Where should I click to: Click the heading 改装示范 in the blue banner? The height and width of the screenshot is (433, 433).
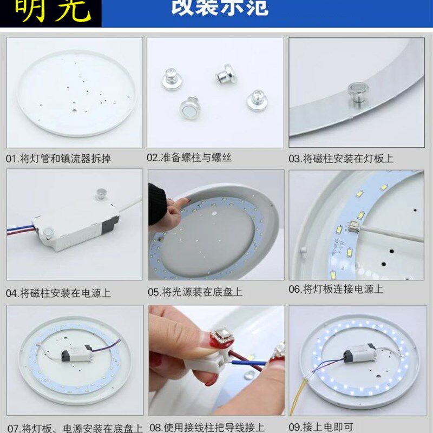(x=219, y=8)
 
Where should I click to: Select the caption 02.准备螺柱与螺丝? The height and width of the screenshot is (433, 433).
(x=189, y=158)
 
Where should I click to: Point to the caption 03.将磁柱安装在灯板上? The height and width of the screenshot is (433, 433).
(x=341, y=159)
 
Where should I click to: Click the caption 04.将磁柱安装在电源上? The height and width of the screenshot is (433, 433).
(x=58, y=293)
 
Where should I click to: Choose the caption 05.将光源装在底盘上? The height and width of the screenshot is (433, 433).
(x=195, y=292)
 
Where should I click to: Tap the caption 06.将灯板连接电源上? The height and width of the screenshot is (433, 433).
(x=336, y=289)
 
